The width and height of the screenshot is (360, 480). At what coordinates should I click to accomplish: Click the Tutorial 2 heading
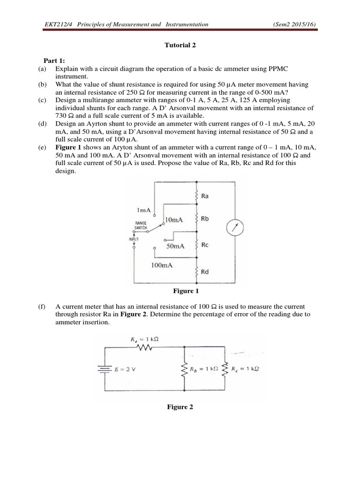(180, 45)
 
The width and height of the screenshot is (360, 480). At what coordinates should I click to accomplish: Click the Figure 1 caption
(183, 291)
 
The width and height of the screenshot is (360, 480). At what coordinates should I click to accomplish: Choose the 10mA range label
(174, 220)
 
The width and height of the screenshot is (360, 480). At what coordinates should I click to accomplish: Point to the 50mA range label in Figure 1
(176, 246)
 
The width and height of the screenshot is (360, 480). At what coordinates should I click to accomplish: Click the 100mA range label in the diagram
(162, 265)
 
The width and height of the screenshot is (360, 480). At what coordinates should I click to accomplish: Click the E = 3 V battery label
(126, 369)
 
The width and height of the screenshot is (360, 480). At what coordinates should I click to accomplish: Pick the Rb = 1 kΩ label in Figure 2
(206, 369)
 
